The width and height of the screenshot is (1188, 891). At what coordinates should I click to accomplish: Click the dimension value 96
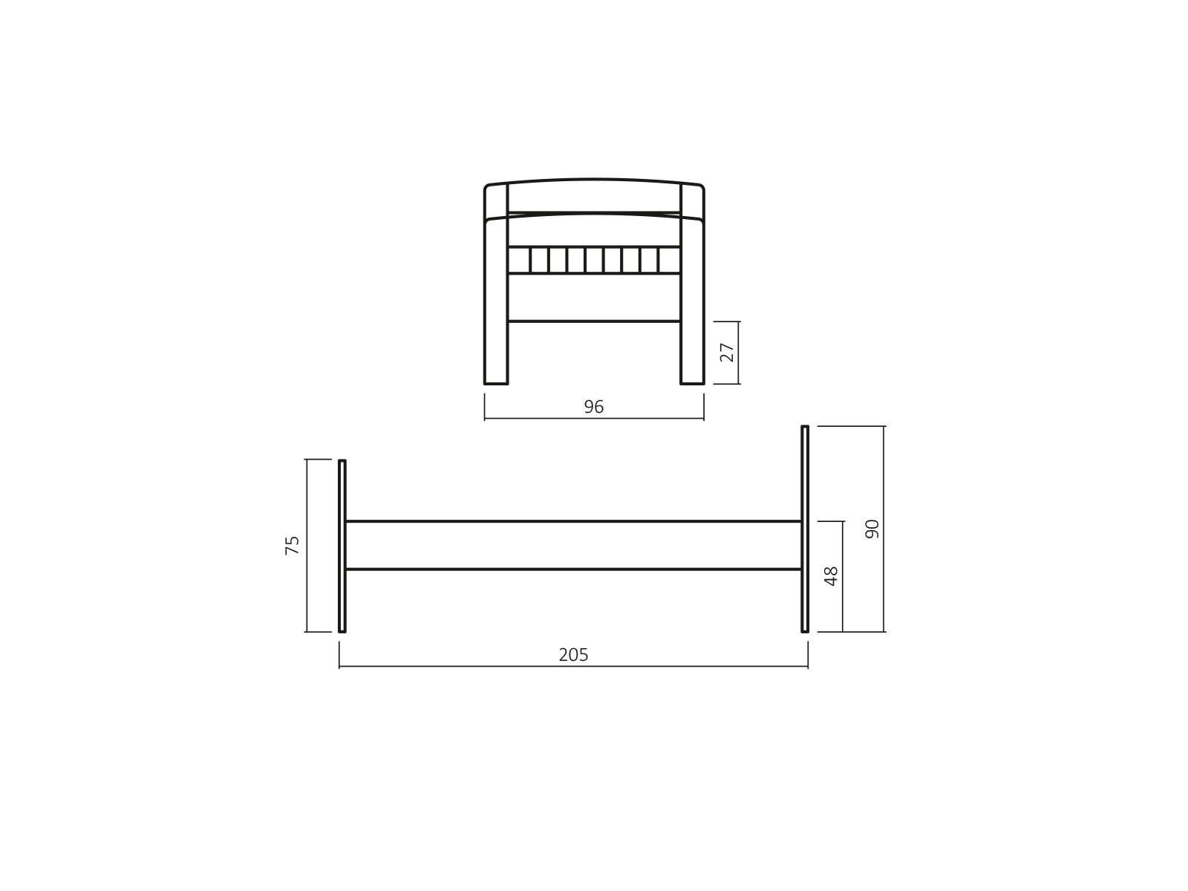point(594,407)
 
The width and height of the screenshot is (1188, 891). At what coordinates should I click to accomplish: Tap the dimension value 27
point(728,352)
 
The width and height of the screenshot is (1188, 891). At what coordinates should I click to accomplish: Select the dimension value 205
point(573,655)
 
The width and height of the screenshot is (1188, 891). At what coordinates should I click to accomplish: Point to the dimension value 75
point(293,545)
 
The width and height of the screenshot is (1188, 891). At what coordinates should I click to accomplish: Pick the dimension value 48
point(832,576)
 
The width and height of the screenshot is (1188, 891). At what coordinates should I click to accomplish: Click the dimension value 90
point(872,529)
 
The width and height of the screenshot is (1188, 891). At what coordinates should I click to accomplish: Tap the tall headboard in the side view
point(805,529)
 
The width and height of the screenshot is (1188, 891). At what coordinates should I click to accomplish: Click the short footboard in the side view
point(342,546)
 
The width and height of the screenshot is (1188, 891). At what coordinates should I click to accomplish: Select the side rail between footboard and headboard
point(573,545)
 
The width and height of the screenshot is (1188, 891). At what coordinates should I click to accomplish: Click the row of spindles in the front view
point(594,260)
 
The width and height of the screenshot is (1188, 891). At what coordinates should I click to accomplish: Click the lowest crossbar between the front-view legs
point(594,322)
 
